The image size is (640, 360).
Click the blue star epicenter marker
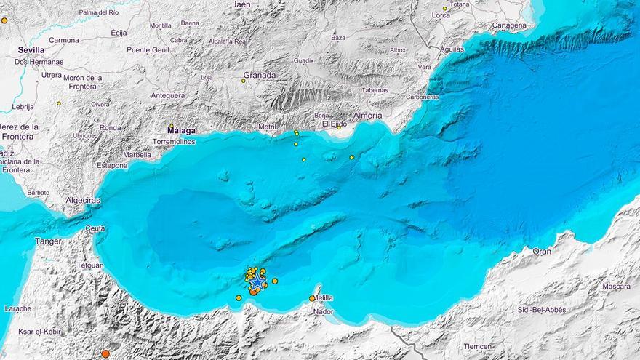(257, 281)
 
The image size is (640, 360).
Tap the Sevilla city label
(31, 50)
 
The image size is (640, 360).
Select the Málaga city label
(181, 131)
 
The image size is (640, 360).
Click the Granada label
(259, 75)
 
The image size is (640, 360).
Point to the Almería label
(367, 116)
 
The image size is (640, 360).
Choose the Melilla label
(323, 297)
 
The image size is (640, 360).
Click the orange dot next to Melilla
(312, 298)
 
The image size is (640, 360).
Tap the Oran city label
(542, 251)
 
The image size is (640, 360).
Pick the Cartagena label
(509, 25)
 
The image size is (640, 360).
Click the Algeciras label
(84, 200)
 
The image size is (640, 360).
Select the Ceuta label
(95, 228)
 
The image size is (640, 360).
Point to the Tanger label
(49, 241)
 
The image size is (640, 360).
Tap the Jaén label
(241, 4)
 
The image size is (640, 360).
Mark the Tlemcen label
(477, 346)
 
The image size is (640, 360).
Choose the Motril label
(268, 127)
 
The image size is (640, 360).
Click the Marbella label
(137, 155)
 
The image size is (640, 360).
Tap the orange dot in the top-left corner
(4, 20)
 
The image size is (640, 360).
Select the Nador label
(323, 311)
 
